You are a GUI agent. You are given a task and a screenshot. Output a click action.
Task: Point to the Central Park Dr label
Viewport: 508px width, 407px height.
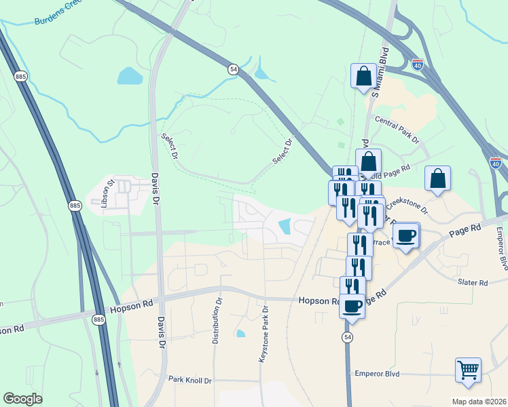tap(397, 130)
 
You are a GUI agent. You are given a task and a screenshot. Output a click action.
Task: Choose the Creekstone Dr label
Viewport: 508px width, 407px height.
tap(406, 204)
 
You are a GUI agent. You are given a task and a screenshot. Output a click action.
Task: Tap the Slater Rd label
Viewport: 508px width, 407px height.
tap(473, 282)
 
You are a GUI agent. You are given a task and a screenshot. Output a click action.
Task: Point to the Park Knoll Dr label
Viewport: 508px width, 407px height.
tap(190, 381)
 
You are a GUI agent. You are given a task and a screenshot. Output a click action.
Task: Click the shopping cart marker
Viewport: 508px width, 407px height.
tap(468, 371)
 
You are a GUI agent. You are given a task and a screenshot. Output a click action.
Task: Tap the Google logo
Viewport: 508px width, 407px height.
tap(23, 399)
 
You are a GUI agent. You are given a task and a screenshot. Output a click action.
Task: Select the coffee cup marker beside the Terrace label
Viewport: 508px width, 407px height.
tap(406, 236)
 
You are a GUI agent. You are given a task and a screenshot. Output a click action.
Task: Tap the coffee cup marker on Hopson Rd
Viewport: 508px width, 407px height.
tap(352, 307)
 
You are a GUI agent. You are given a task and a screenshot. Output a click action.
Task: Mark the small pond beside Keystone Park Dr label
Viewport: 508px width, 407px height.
tap(240, 333)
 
